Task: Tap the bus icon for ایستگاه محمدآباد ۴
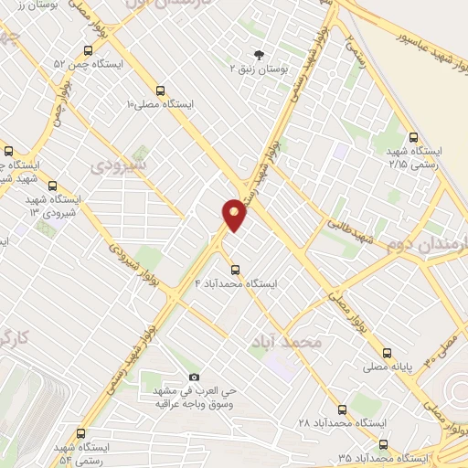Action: click(x=235, y=270)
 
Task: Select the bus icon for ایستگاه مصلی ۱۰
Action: click(x=160, y=90)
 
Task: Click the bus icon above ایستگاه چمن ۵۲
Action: click(x=87, y=51)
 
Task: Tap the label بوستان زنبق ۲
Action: click(x=257, y=69)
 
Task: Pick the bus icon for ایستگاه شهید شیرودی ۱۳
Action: click(x=50, y=185)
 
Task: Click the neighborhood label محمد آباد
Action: click(x=286, y=341)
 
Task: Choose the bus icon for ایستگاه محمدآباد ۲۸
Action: click(x=342, y=409)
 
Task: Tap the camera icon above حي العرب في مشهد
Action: click(x=193, y=377)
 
